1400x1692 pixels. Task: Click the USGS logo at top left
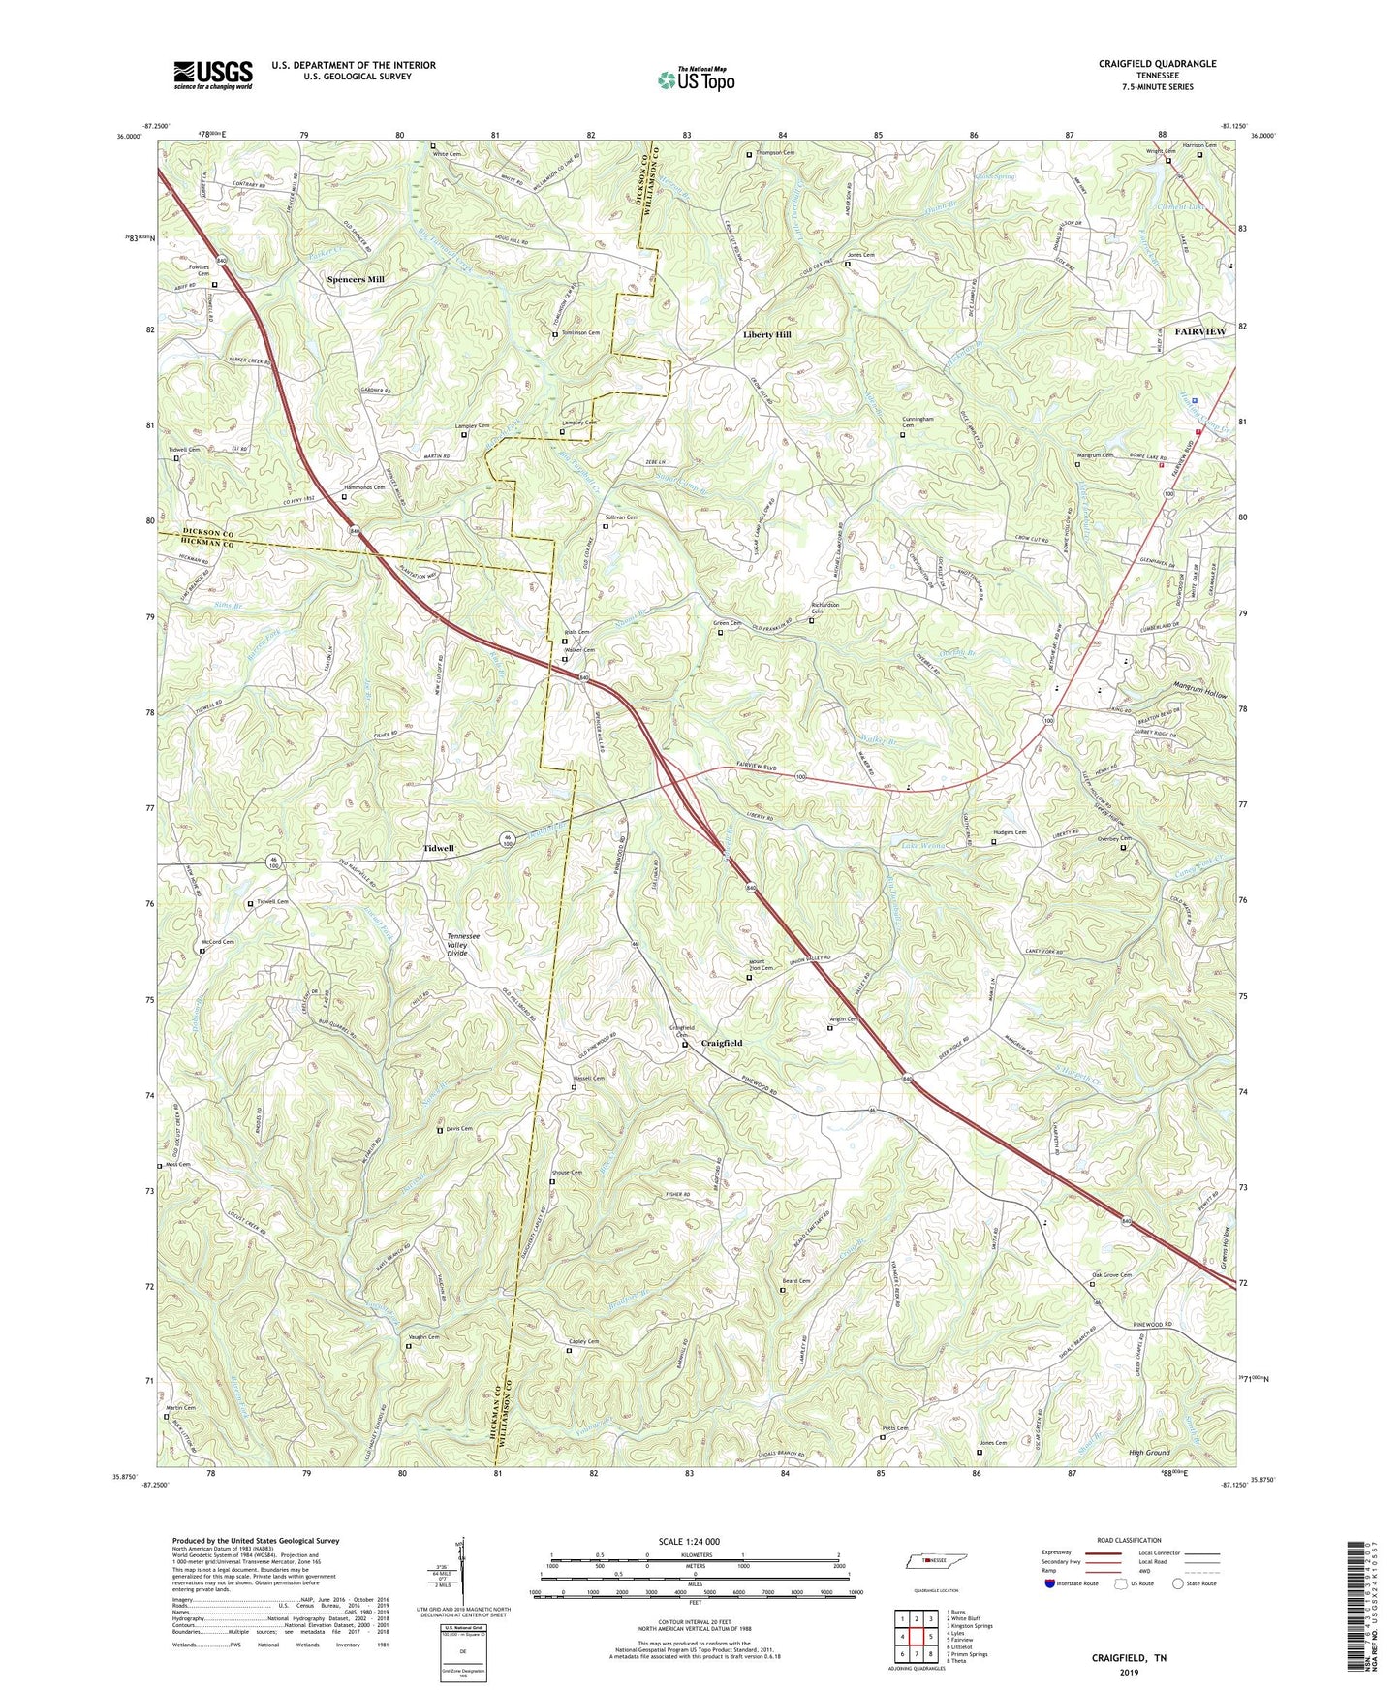click(213, 75)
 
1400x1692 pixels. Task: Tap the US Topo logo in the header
click(695, 79)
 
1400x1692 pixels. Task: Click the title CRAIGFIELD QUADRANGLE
click(1157, 64)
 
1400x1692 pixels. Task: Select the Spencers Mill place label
click(356, 279)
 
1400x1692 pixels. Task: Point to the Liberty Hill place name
click(767, 334)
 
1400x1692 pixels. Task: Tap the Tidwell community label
click(438, 848)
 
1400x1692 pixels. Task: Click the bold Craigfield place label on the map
click(721, 1043)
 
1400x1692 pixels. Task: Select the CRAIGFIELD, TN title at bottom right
click(1129, 1658)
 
